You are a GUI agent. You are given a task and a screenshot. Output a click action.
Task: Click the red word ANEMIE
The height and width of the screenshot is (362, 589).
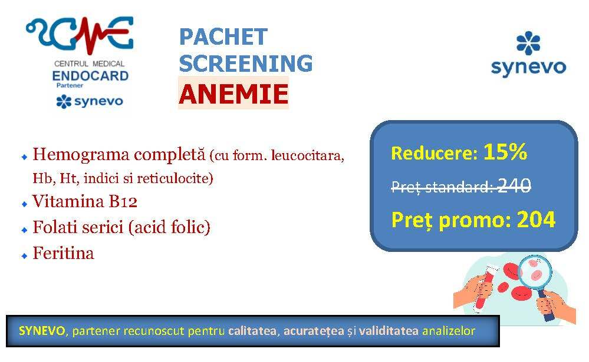[x=233, y=94]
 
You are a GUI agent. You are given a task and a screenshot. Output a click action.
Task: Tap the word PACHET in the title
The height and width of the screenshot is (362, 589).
[x=223, y=36]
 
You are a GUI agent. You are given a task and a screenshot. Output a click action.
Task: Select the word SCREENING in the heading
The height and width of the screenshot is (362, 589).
[x=246, y=63]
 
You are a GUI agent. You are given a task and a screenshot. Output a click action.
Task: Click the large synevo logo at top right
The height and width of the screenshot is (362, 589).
[x=528, y=54]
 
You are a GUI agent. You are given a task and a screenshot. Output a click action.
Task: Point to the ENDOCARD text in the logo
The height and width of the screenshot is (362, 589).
[x=90, y=76]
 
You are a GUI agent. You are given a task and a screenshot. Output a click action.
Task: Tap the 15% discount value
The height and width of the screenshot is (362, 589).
[x=505, y=152]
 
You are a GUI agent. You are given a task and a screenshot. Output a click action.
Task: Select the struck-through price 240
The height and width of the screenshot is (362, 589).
[x=514, y=185]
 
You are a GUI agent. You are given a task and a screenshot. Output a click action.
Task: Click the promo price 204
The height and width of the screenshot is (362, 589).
[x=536, y=220]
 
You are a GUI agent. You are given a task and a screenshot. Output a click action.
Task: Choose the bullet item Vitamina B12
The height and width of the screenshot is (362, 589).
[x=85, y=201]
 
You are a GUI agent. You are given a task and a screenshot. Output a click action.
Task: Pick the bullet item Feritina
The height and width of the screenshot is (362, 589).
[x=64, y=253]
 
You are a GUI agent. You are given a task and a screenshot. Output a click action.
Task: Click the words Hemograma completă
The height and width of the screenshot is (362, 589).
[x=119, y=154]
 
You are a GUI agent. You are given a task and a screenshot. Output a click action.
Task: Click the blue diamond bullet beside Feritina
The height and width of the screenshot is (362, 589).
[x=24, y=256]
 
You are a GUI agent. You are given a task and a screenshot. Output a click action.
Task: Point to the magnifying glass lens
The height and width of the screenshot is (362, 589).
[x=535, y=272]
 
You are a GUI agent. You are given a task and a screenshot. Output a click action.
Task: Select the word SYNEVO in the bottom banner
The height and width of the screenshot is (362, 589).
[x=42, y=331]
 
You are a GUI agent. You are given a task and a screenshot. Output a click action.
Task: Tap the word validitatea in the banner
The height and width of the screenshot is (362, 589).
[x=389, y=331]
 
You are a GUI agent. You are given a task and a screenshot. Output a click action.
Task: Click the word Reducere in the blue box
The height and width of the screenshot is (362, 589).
[x=435, y=153]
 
